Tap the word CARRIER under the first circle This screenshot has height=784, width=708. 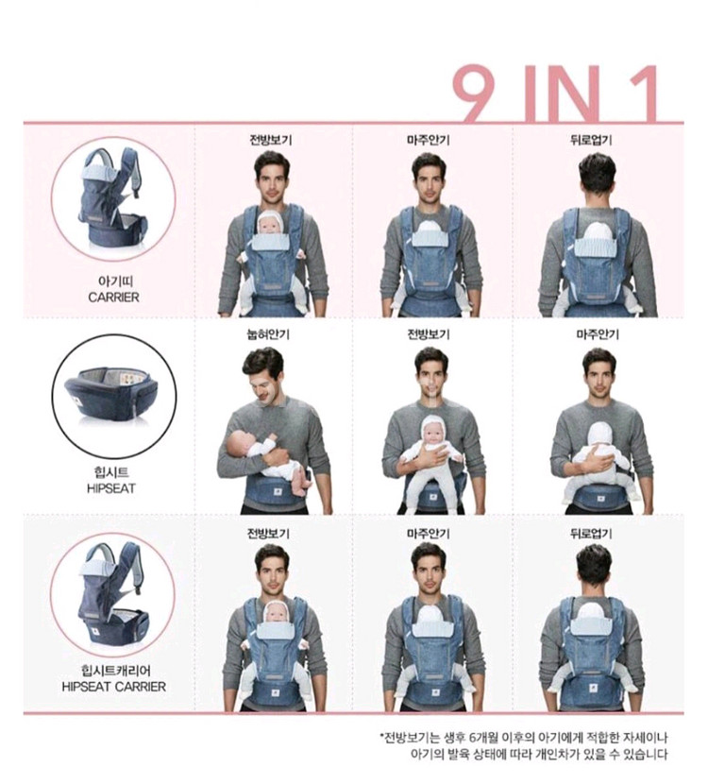(113, 297)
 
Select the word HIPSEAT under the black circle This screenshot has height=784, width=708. (111, 488)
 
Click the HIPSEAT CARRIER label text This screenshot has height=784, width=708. (113, 687)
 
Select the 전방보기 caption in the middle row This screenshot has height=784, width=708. (429, 334)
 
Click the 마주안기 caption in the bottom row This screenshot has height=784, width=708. (429, 534)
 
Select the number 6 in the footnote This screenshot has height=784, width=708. (473, 737)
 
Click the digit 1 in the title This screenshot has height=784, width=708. (642, 93)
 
